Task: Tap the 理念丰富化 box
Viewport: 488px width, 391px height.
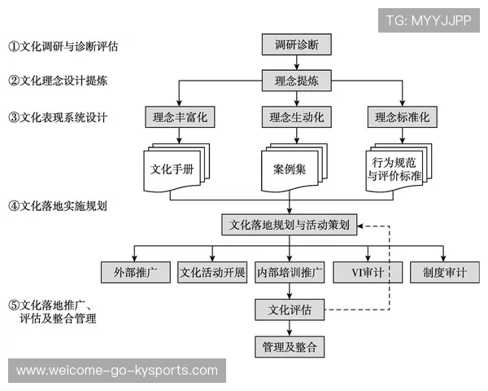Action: [x=180, y=117]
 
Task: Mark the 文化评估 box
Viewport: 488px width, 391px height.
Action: [x=290, y=309]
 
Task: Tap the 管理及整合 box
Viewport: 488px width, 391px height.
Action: [x=290, y=347]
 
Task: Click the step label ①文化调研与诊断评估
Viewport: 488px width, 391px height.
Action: [x=63, y=46]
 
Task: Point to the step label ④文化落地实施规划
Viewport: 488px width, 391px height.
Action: [x=58, y=206]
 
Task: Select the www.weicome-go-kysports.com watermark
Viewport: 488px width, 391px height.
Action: [x=117, y=371]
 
